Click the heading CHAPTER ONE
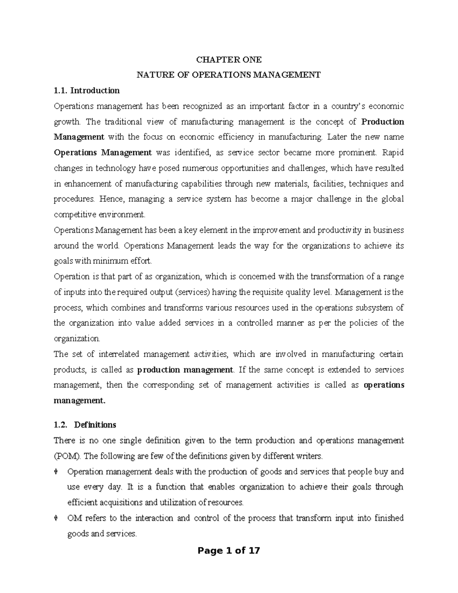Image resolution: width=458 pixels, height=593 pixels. pyautogui.click(x=229, y=60)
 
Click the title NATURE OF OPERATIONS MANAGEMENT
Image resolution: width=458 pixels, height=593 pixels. pyautogui.click(x=229, y=75)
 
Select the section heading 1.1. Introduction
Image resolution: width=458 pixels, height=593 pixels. pyautogui.click(x=87, y=90)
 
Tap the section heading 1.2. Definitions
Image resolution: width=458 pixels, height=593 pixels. pyautogui.click(x=85, y=425)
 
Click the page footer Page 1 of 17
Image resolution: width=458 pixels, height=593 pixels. pyautogui.click(x=229, y=550)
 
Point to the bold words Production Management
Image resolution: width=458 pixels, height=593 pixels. pyautogui.click(x=382, y=122)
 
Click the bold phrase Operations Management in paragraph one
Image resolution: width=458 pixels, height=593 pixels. pyautogui.click(x=103, y=153)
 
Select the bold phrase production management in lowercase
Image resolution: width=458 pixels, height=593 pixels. pyautogui.click(x=185, y=370)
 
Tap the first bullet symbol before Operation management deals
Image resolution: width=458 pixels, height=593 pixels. pyautogui.click(x=56, y=472)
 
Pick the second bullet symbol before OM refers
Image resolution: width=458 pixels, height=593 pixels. pyautogui.click(x=56, y=519)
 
